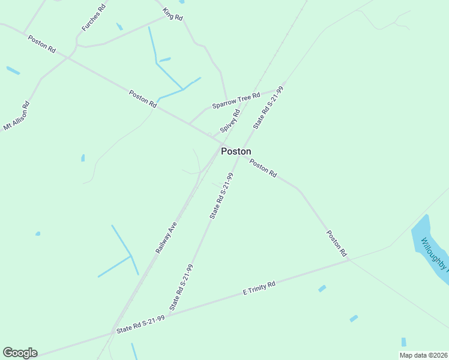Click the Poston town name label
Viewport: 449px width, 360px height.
point(236,151)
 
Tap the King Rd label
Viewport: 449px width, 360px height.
point(172,14)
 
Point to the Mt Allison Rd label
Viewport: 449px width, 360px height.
point(17,116)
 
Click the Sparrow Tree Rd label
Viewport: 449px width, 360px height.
point(236,100)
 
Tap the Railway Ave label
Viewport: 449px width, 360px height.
point(166,237)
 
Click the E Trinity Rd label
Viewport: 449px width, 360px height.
point(259,287)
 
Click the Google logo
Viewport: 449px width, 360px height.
point(20,352)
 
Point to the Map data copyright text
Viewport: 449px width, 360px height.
point(423,355)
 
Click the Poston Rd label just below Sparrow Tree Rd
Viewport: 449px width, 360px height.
point(143,98)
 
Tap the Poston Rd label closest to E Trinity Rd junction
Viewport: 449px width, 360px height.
point(337,244)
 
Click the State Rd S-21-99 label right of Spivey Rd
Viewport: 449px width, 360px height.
point(268,107)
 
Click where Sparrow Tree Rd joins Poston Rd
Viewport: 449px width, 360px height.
point(190,124)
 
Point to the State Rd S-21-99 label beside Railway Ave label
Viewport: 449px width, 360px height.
point(221,196)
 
